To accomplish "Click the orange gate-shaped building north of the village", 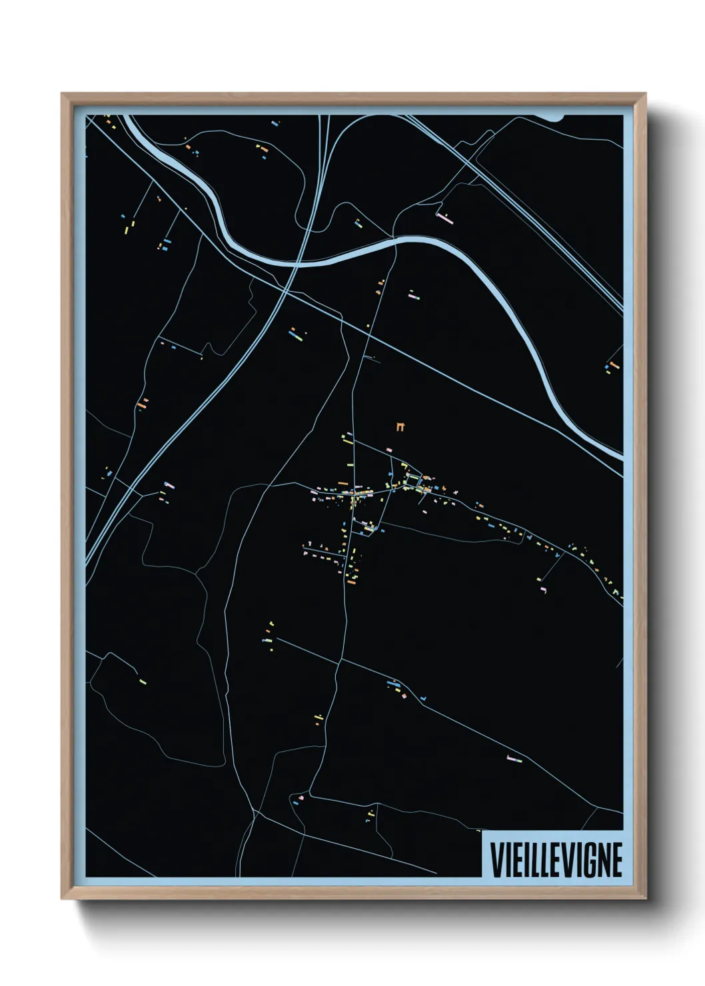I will [400, 426].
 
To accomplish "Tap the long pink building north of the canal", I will [444, 217].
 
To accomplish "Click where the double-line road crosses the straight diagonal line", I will [285, 290].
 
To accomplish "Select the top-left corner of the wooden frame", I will [62, 94].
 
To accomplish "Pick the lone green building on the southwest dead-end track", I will [143, 682].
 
